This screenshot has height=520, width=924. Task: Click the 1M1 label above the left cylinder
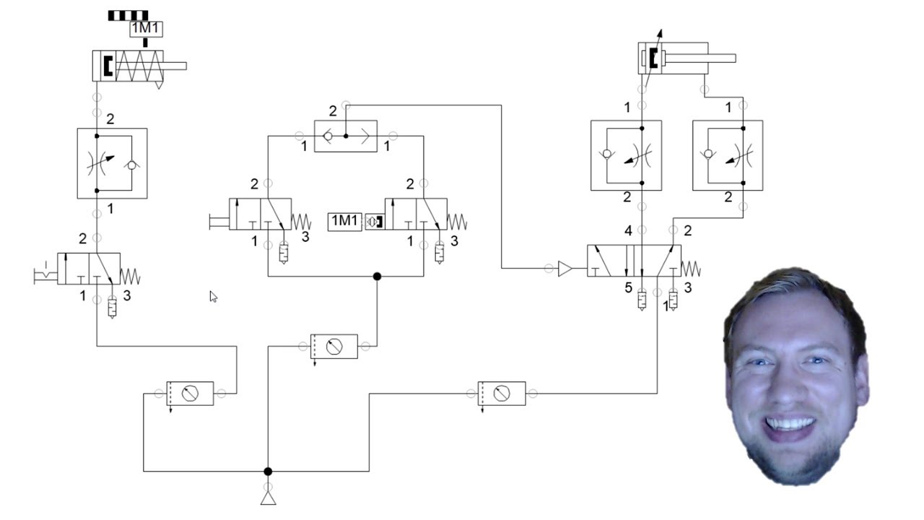tap(146, 29)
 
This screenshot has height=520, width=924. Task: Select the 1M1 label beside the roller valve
tap(344, 221)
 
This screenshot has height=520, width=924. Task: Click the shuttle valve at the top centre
tap(346, 136)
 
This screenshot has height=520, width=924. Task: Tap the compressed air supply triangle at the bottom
tap(268, 497)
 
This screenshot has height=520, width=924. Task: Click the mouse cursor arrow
tap(213, 296)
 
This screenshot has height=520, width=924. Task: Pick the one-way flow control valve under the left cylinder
tap(112, 163)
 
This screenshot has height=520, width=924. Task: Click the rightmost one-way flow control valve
tap(727, 155)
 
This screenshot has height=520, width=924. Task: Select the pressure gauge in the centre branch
tap(334, 347)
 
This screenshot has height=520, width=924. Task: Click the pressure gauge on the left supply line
tap(190, 394)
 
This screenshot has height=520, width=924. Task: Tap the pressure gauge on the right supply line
tap(502, 394)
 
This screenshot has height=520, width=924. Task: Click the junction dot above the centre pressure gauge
tap(377, 276)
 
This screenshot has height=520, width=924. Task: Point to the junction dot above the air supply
tap(268, 472)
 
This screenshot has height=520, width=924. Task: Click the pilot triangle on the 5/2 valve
tap(565, 269)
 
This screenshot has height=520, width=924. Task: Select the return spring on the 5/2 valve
tap(691, 269)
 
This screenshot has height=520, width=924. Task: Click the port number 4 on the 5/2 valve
tap(628, 231)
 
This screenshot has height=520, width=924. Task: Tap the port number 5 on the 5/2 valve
tap(628, 288)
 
